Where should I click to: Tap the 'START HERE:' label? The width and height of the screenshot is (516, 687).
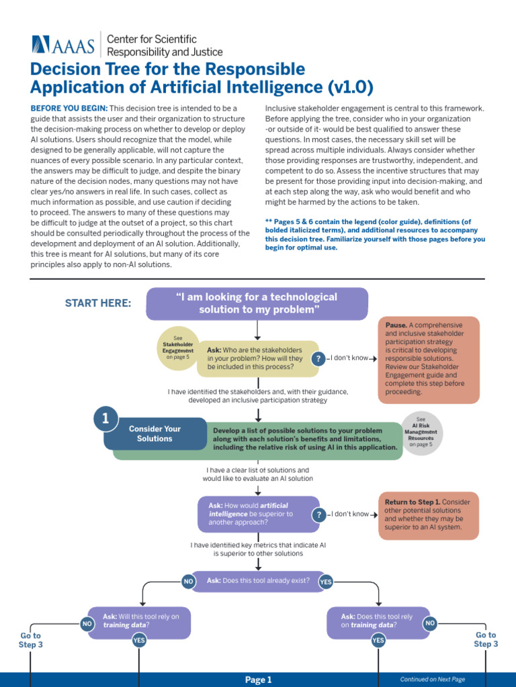pos(98,303)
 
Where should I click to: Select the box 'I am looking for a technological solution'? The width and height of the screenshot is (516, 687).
pos(257,303)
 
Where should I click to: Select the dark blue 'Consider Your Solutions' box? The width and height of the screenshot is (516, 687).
pos(155,433)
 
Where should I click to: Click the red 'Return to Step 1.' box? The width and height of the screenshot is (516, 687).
pos(429,515)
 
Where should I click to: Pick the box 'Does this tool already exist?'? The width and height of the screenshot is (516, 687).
pos(258,581)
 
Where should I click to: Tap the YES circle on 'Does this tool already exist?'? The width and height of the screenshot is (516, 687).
pos(326,582)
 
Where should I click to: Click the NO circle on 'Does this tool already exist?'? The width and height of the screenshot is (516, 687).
pos(189,582)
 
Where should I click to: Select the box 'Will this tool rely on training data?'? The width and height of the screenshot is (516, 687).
pos(137,621)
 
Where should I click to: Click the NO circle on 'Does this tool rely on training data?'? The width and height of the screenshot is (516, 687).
pos(430,624)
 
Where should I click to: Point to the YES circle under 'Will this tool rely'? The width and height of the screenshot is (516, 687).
pos(139,641)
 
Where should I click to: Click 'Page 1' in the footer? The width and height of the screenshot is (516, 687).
pos(258,680)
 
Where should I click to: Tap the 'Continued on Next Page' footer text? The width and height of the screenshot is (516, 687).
pos(432,680)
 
